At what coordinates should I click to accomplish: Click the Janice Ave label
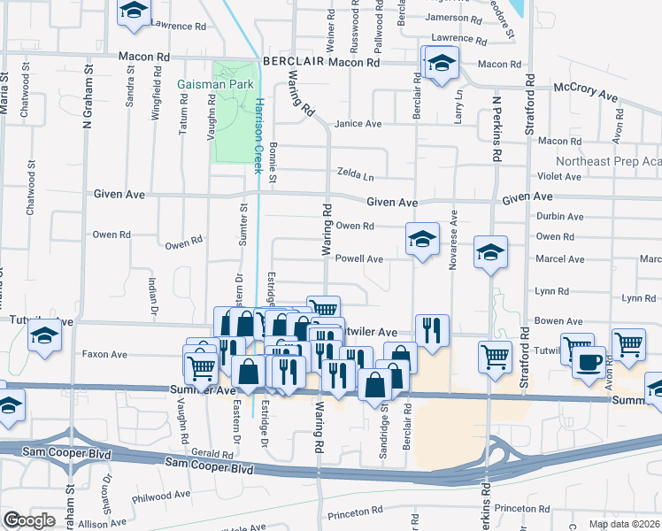(x=358, y=124)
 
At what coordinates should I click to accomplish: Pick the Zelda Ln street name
(x=356, y=173)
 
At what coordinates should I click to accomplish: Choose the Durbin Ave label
(x=559, y=217)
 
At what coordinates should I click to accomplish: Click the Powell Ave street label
(x=358, y=259)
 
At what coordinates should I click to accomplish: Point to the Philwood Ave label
(x=161, y=496)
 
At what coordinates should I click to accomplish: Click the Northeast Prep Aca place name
(x=608, y=161)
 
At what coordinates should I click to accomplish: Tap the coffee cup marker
(x=589, y=361)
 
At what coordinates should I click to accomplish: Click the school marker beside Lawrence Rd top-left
(x=135, y=12)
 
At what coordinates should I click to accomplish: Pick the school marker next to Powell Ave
(x=423, y=238)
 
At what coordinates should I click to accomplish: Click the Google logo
(x=29, y=520)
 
